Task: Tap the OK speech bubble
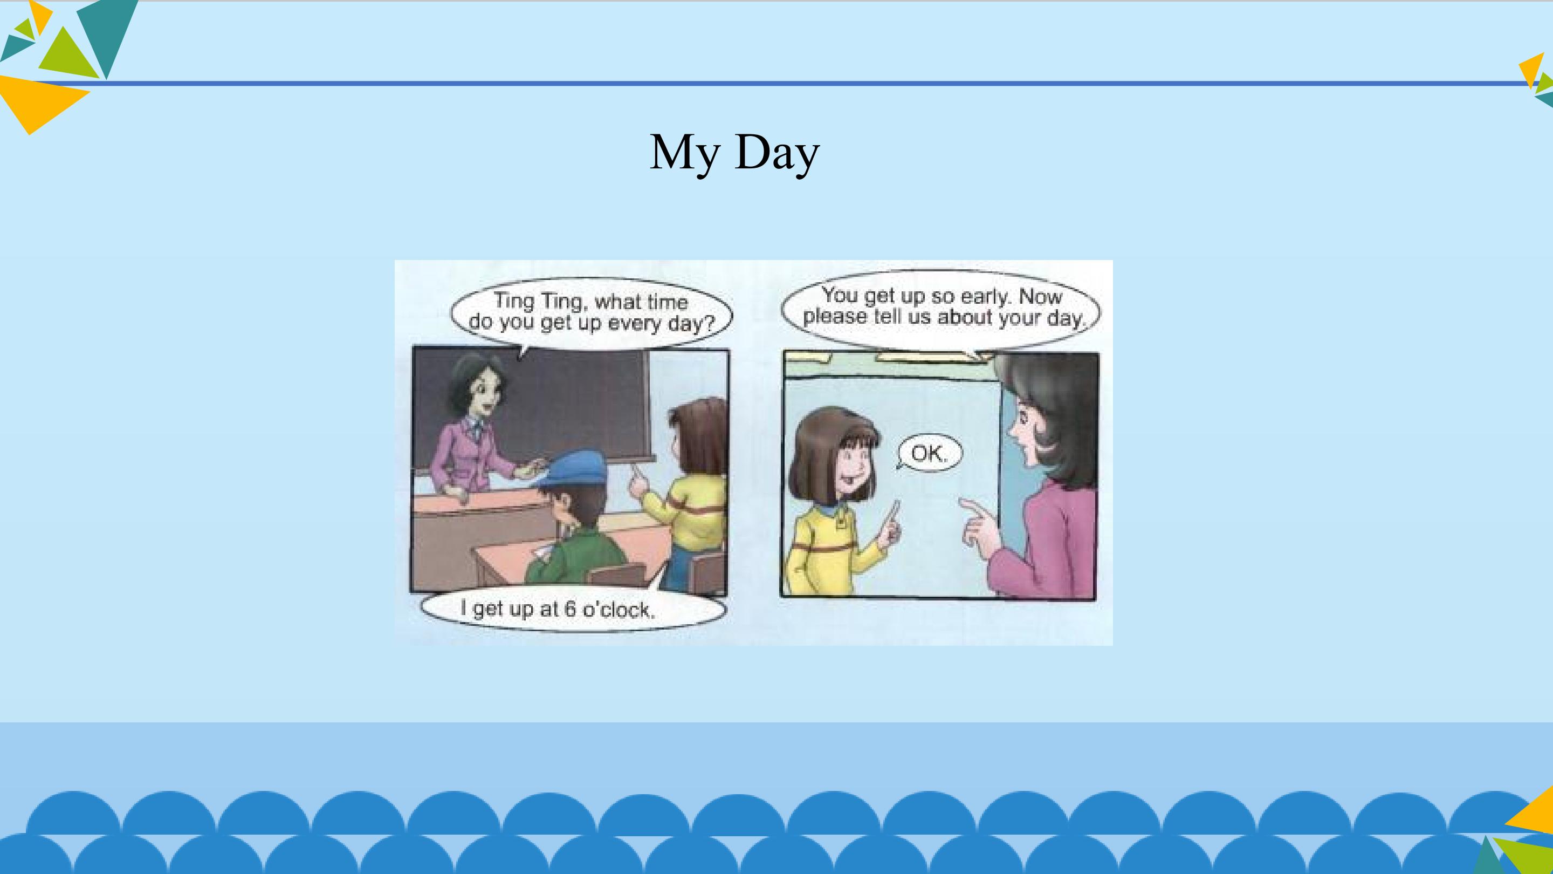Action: [929, 453]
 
